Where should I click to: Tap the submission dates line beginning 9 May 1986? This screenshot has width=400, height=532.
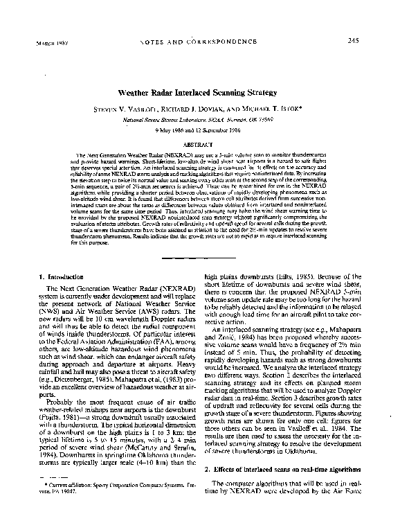tap(199, 132)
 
